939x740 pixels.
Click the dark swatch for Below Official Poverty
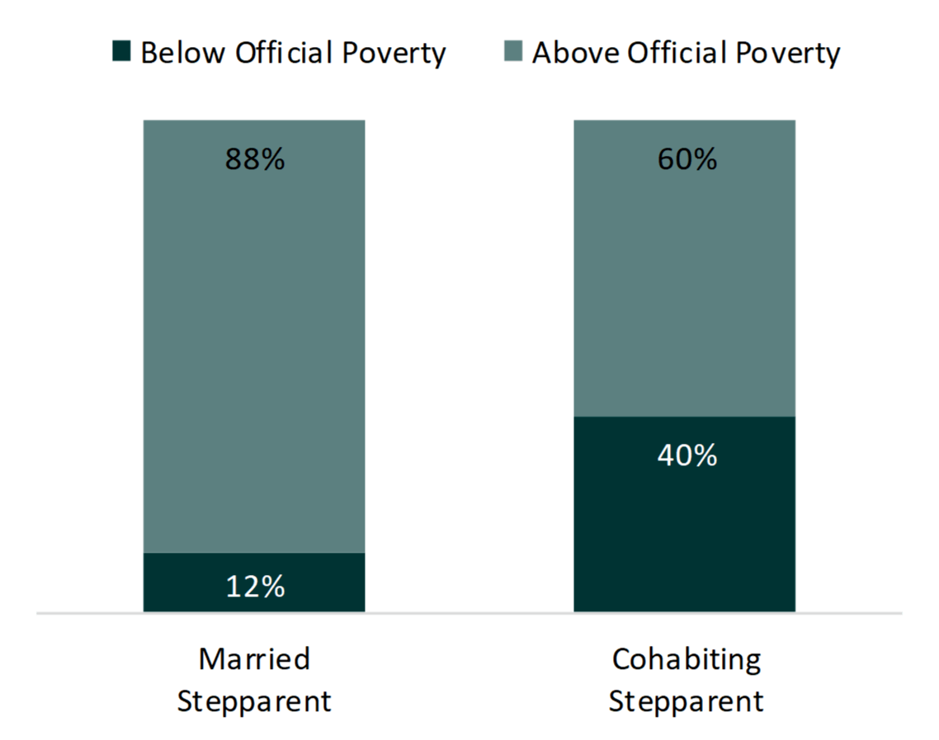(123, 52)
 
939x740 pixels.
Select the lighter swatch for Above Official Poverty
(513, 52)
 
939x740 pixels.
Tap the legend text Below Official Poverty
(293, 53)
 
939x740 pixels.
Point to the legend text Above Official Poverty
(686, 53)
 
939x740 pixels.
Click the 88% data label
(255, 159)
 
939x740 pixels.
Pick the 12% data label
(255, 587)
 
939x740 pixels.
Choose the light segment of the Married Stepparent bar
(254, 346)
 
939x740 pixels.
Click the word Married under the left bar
(254, 659)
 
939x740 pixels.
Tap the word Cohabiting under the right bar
(687, 659)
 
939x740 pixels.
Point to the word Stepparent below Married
(254, 702)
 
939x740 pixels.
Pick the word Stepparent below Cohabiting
(687, 702)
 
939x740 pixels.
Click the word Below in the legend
(183, 53)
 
